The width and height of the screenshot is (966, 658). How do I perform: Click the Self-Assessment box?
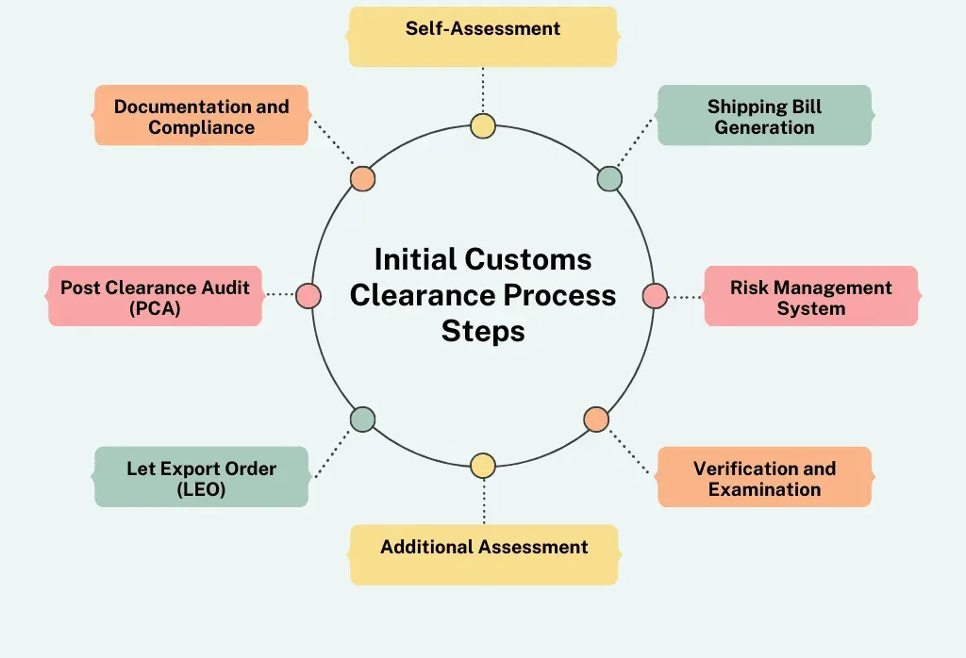pos(483,37)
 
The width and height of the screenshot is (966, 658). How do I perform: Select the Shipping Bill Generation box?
pos(764,115)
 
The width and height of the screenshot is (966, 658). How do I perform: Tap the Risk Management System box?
pos(811,296)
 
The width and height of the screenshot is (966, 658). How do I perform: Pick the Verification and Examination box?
pos(764,477)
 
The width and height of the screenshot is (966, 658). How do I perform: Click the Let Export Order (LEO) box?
pos(202,477)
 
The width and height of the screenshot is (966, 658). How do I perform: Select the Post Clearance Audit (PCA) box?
pos(155,296)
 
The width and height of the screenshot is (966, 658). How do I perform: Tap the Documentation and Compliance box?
pos(202,115)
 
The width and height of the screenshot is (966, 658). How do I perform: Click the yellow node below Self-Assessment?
pos(483,125)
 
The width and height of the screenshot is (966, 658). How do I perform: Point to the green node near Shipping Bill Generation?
pos(609,178)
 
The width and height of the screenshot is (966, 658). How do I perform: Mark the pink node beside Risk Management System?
pos(655,296)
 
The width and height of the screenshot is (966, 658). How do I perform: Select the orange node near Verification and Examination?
pos(596,419)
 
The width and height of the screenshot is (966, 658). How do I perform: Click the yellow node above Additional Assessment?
pos(483,466)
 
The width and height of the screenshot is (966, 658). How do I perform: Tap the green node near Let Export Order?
pos(362,419)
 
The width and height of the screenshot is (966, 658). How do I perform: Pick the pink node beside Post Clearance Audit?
pos(308,296)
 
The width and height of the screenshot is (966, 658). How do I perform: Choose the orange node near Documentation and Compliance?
pos(362,178)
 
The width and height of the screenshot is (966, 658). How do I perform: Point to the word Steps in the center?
pos(483,332)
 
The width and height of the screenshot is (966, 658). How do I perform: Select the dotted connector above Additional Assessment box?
pos(483,500)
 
